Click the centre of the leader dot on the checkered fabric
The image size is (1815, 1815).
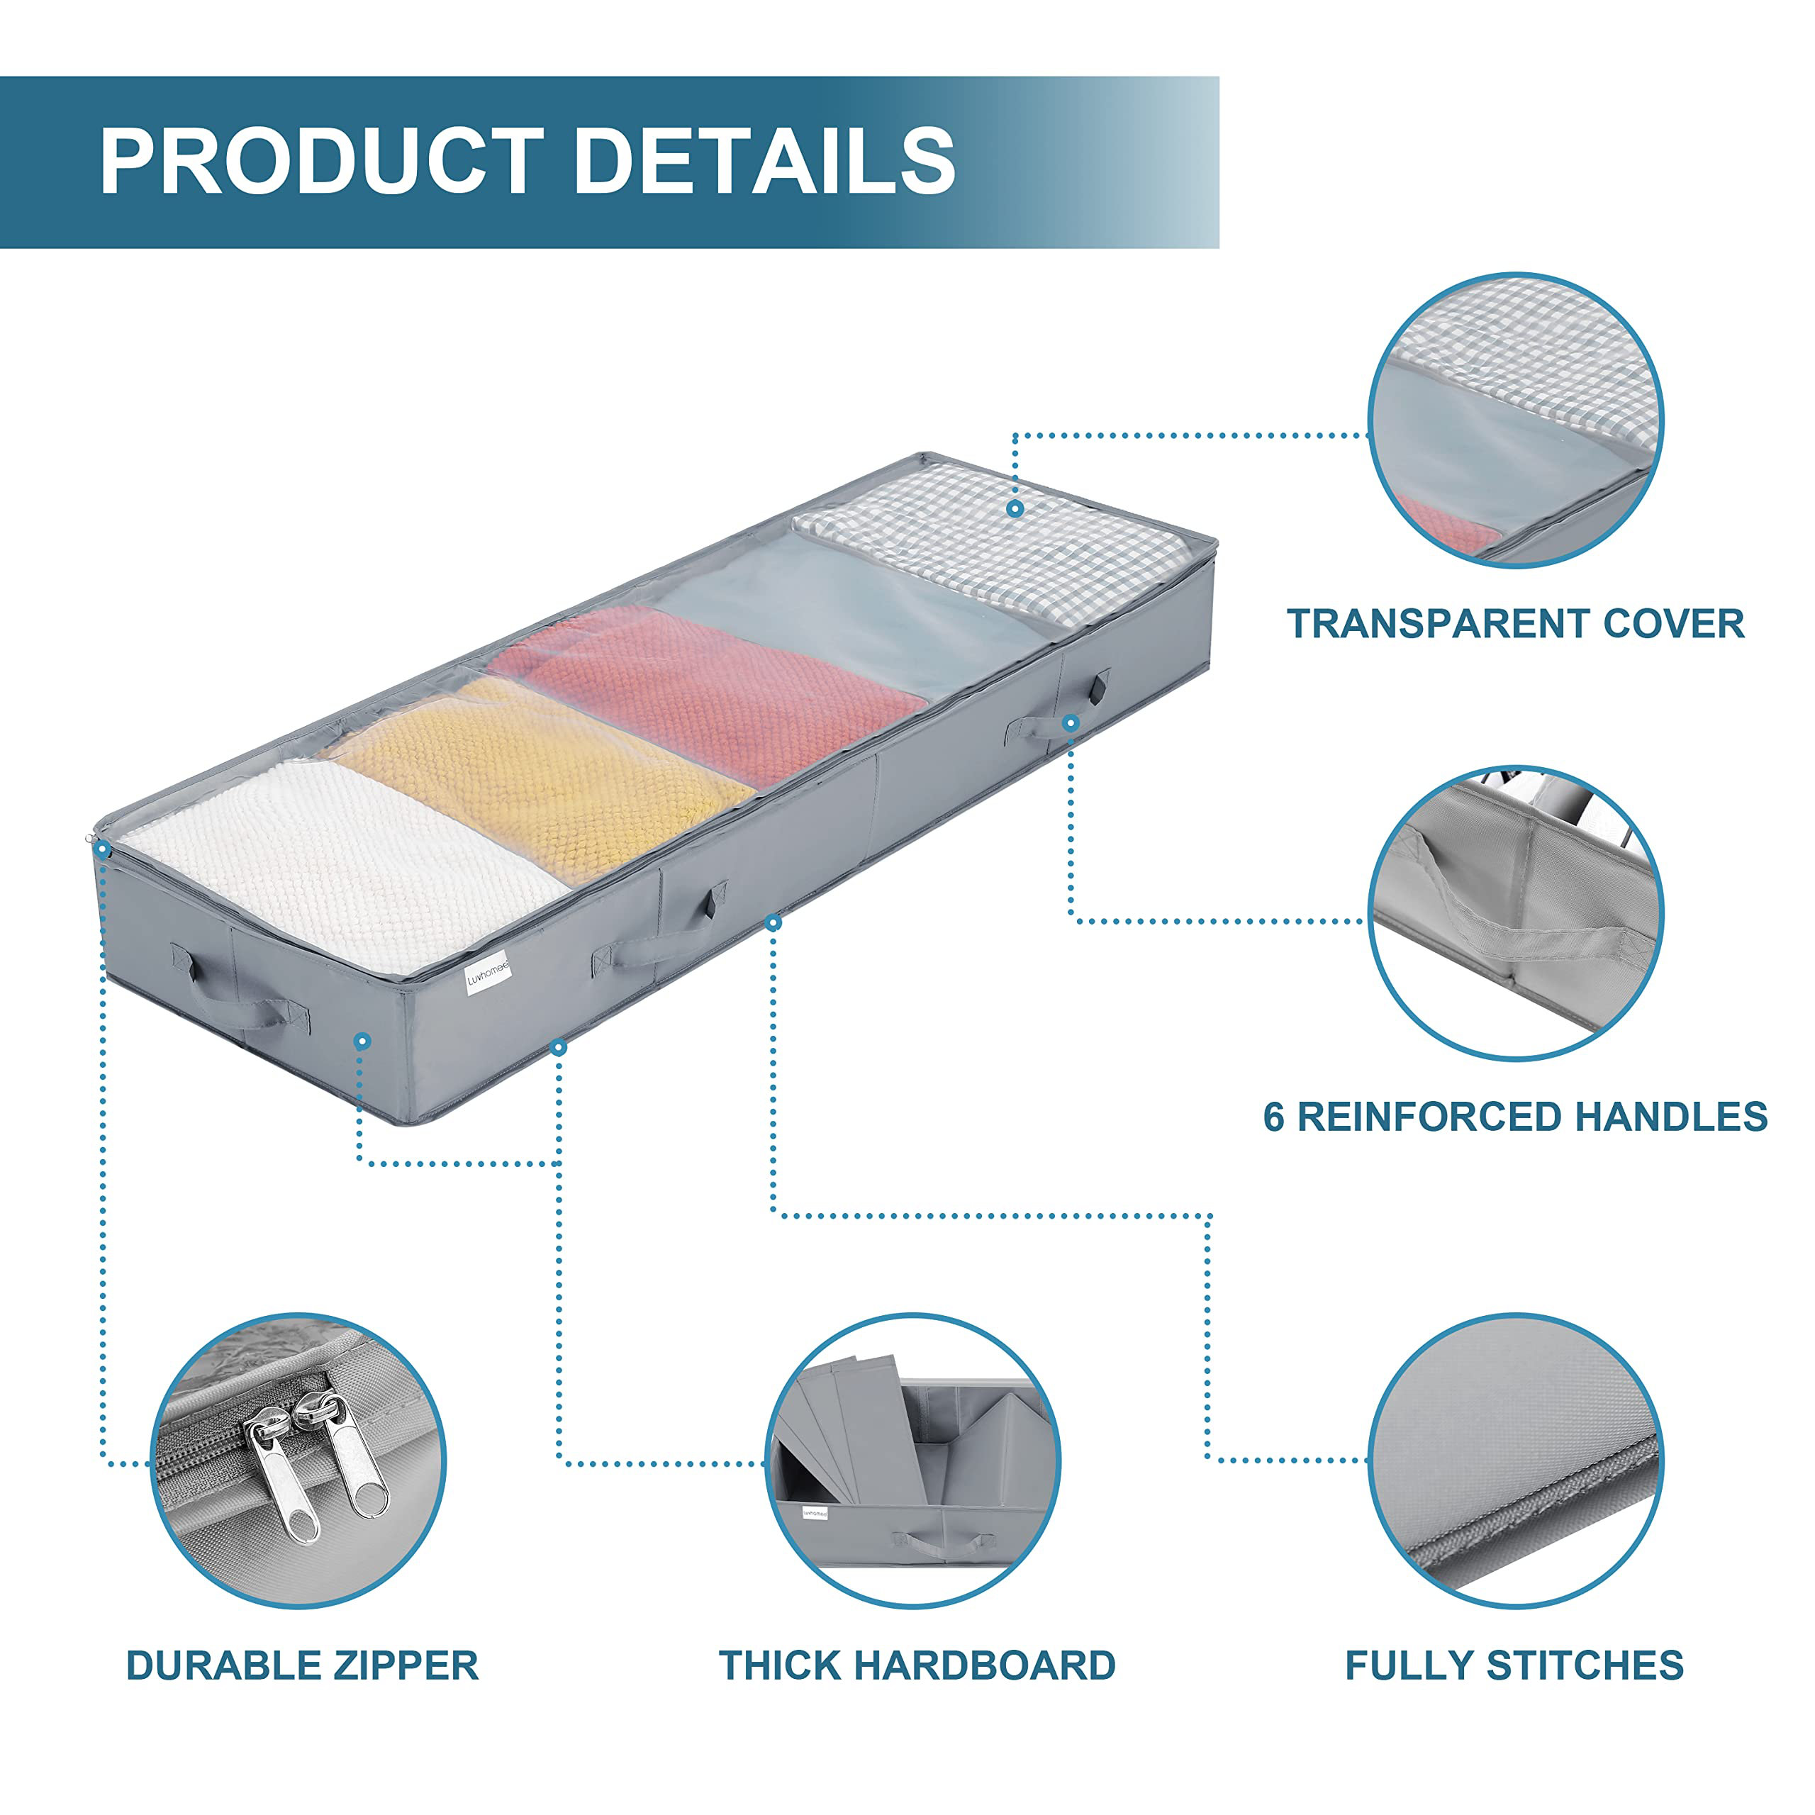pos(1015,508)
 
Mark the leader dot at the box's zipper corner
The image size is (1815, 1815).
pos(102,849)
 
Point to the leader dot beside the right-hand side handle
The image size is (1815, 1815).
pos(1071,722)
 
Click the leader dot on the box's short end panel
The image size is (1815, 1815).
pos(362,1041)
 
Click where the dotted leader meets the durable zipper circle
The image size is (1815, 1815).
pos(151,1463)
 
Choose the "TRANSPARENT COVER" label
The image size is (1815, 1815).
pos(1515,624)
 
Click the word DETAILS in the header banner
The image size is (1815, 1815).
pos(764,161)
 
